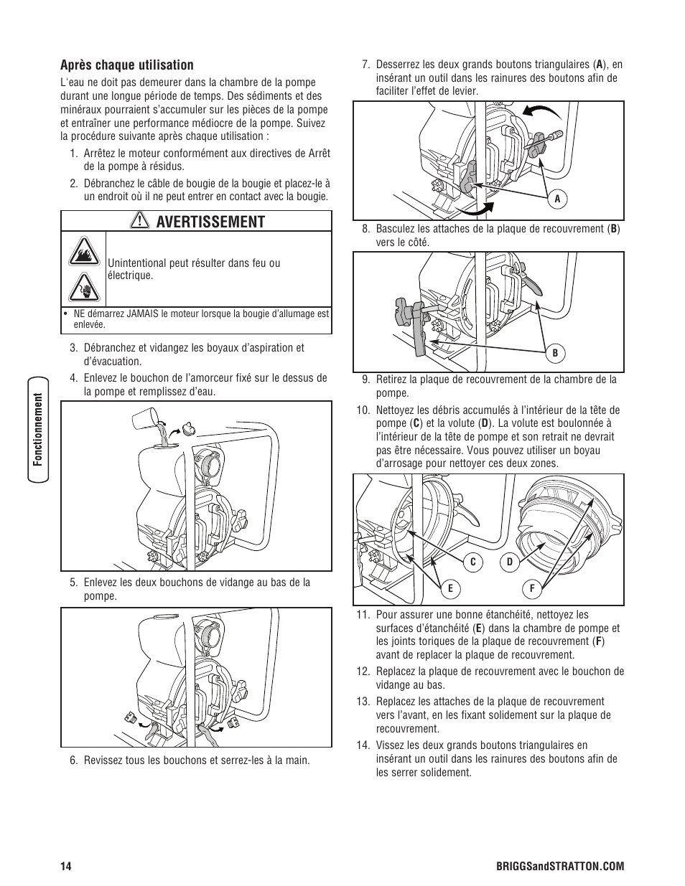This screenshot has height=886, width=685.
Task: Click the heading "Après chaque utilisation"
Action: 126,65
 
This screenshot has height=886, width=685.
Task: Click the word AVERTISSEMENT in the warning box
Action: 210,222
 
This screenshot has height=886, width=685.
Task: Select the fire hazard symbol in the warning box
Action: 83,253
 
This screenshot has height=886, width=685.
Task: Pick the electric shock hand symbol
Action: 83,288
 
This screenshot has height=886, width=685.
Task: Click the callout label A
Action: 556,200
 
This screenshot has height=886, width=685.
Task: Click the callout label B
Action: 554,352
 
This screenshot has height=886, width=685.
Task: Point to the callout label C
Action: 474,562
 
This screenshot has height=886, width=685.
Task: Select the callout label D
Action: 510,562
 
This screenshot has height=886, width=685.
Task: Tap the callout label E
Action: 450,589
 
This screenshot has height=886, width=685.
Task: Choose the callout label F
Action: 532,589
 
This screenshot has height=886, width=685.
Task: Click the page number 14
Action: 66,867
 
